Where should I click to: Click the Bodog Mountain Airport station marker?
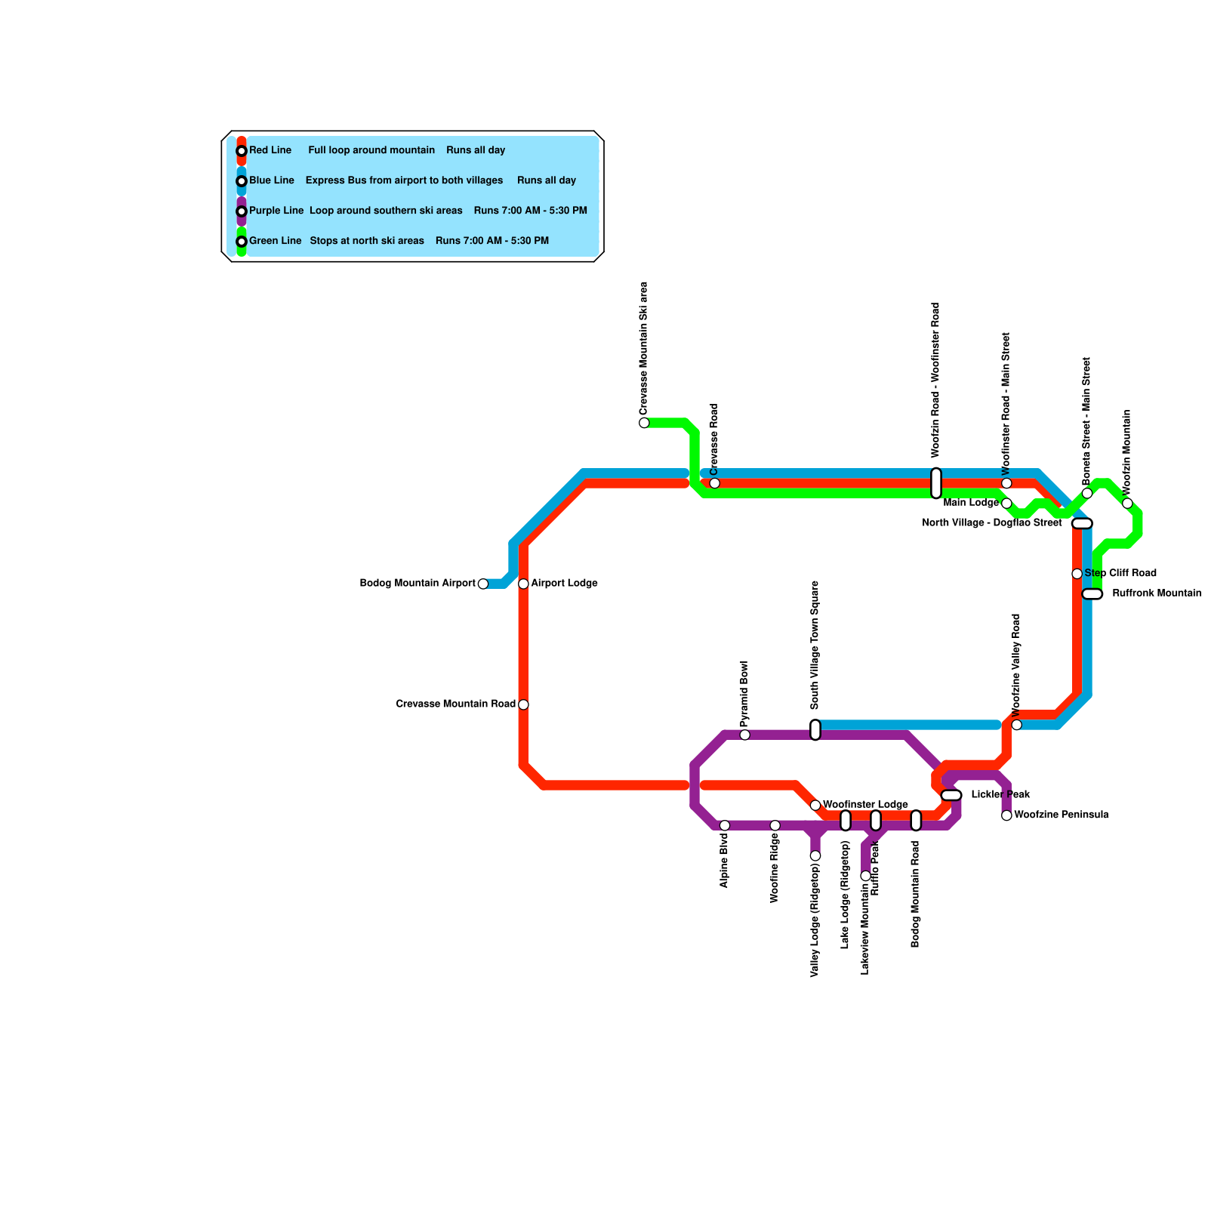pyautogui.click(x=483, y=584)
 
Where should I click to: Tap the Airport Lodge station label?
pyautogui.click(x=564, y=584)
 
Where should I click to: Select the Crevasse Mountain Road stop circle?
pyautogui.click(x=523, y=704)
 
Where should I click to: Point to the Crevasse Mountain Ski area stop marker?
pyautogui.click(x=644, y=423)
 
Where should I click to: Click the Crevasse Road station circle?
pyautogui.click(x=715, y=483)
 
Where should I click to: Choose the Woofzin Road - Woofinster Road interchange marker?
pyautogui.click(x=936, y=483)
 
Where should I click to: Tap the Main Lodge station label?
pyautogui.click(x=971, y=503)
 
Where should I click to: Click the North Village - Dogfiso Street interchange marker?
pyautogui.click(x=1082, y=523)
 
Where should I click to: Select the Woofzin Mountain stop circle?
pyautogui.click(x=1127, y=504)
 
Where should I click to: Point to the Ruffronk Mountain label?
pyautogui.click(x=1157, y=593)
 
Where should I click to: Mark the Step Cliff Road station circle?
pyautogui.click(x=1077, y=574)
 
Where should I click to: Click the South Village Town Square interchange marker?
pyautogui.click(x=815, y=730)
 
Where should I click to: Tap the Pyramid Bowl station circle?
pyautogui.click(x=745, y=735)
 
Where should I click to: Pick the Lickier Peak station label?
pyautogui.click(x=1000, y=795)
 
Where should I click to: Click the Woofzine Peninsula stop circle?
pyautogui.click(x=1006, y=815)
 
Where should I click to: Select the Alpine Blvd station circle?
pyautogui.click(x=725, y=825)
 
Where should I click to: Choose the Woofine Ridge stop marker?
pyautogui.click(x=775, y=825)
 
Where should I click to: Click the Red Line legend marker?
pyautogui.click(x=242, y=151)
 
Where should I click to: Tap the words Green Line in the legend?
pyautogui.click(x=276, y=241)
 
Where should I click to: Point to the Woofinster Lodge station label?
pyautogui.click(x=865, y=805)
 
